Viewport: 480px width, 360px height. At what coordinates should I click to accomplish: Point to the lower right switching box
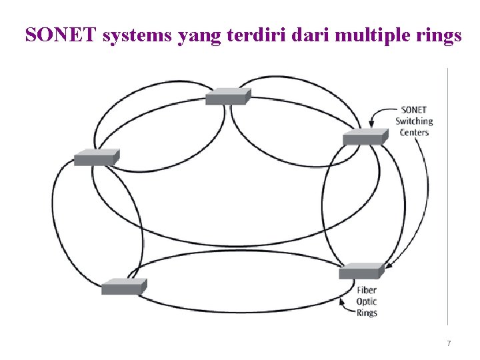click(x=361, y=271)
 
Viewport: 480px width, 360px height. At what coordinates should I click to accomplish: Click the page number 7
click(x=449, y=343)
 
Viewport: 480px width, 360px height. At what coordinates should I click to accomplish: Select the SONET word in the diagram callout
click(x=414, y=110)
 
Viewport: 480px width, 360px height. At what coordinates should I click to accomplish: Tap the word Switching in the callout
click(x=414, y=121)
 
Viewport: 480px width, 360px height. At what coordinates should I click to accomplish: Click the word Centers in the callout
click(x=414, y=132)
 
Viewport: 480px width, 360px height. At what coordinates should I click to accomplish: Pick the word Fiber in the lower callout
click(x=367, y=290)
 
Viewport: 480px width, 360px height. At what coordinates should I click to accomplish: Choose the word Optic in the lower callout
click(x=367, y=301)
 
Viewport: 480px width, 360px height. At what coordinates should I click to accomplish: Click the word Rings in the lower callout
click(x=367, y=313)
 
